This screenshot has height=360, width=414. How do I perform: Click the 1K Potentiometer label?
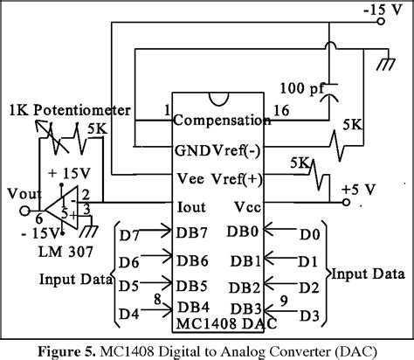coord(69,110)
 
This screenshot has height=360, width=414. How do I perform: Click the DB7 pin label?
coord(191,235)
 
